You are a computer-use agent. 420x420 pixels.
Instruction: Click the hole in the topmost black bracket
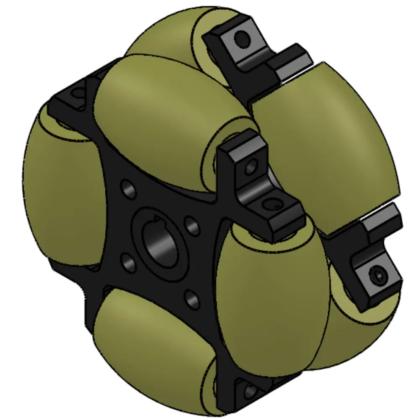click(241, 39)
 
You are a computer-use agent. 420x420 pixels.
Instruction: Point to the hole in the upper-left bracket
click(78, 91)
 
